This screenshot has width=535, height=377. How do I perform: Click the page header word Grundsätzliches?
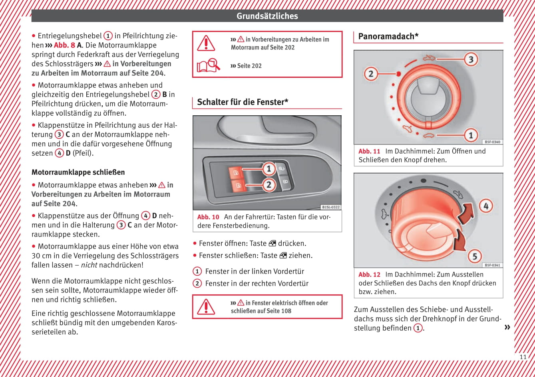267,16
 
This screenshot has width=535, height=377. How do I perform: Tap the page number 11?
523,357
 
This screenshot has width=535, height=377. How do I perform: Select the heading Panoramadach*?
388,36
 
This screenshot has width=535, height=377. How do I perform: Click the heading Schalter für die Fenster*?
243,102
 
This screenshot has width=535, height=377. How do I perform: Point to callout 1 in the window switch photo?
269,169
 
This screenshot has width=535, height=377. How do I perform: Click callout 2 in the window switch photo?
269,184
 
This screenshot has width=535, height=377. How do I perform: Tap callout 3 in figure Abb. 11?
471,59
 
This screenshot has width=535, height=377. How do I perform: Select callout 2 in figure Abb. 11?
371,74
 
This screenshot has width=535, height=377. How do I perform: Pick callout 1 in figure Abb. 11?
471,135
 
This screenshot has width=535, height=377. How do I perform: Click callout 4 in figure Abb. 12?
486,206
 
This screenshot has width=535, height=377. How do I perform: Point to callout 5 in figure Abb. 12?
475,256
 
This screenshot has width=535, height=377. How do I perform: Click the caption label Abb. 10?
208,217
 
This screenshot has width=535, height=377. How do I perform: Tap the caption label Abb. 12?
369,274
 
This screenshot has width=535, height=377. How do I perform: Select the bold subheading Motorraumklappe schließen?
78,172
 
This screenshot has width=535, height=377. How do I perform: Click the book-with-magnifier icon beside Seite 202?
208,65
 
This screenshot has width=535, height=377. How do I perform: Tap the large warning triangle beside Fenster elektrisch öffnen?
206,306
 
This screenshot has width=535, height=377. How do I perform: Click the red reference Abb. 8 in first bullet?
64,45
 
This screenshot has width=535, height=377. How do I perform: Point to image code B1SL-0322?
330,207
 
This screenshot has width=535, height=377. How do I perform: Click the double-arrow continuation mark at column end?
507,328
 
